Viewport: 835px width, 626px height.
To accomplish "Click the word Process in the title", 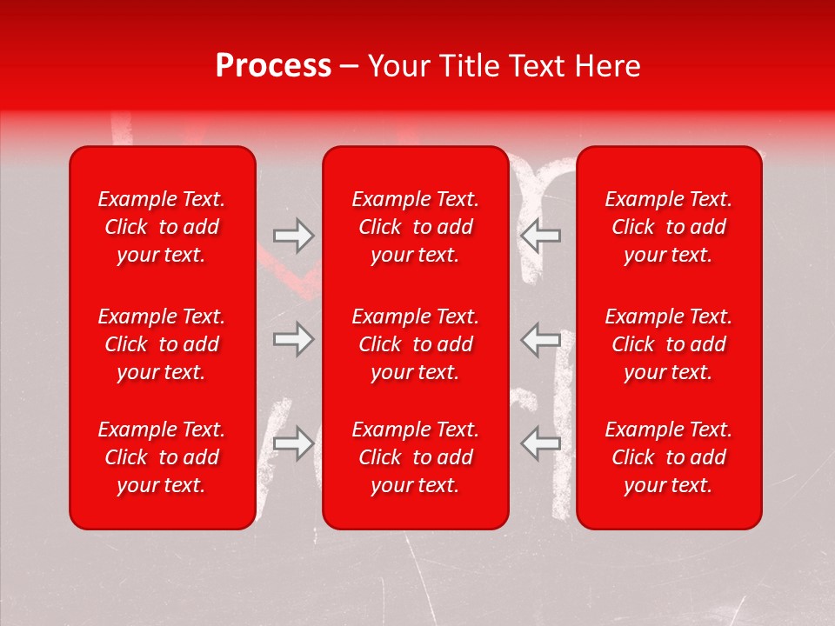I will (x=273, y=66).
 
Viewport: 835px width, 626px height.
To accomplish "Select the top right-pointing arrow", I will (x=293, y=235).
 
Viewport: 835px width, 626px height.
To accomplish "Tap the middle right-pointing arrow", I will (x=293, y=339).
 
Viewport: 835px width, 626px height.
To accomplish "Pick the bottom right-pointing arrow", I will (x=293, y=443).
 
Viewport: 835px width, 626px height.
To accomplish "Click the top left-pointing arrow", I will (x=541, y=235).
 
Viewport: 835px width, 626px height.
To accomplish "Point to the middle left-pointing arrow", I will (x=541, y=339).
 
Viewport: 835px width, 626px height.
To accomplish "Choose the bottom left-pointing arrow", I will (x=541, y=443).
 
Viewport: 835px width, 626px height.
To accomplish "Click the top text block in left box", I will (x=162, y=227).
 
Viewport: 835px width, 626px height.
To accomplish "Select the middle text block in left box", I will (x=162, y=344).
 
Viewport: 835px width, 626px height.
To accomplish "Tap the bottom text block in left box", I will (x=162, y=457).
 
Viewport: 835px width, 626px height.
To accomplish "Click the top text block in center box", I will (x=415, y=227).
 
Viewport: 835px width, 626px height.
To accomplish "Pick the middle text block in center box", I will (x=415, y=344).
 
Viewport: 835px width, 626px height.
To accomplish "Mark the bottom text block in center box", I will (x=415, y=457).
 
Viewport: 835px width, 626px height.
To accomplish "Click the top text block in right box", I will (x=668, y=227).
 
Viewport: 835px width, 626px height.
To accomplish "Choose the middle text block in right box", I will (x=668, y=344).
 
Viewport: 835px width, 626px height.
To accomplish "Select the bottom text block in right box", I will (x=668, y=457).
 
